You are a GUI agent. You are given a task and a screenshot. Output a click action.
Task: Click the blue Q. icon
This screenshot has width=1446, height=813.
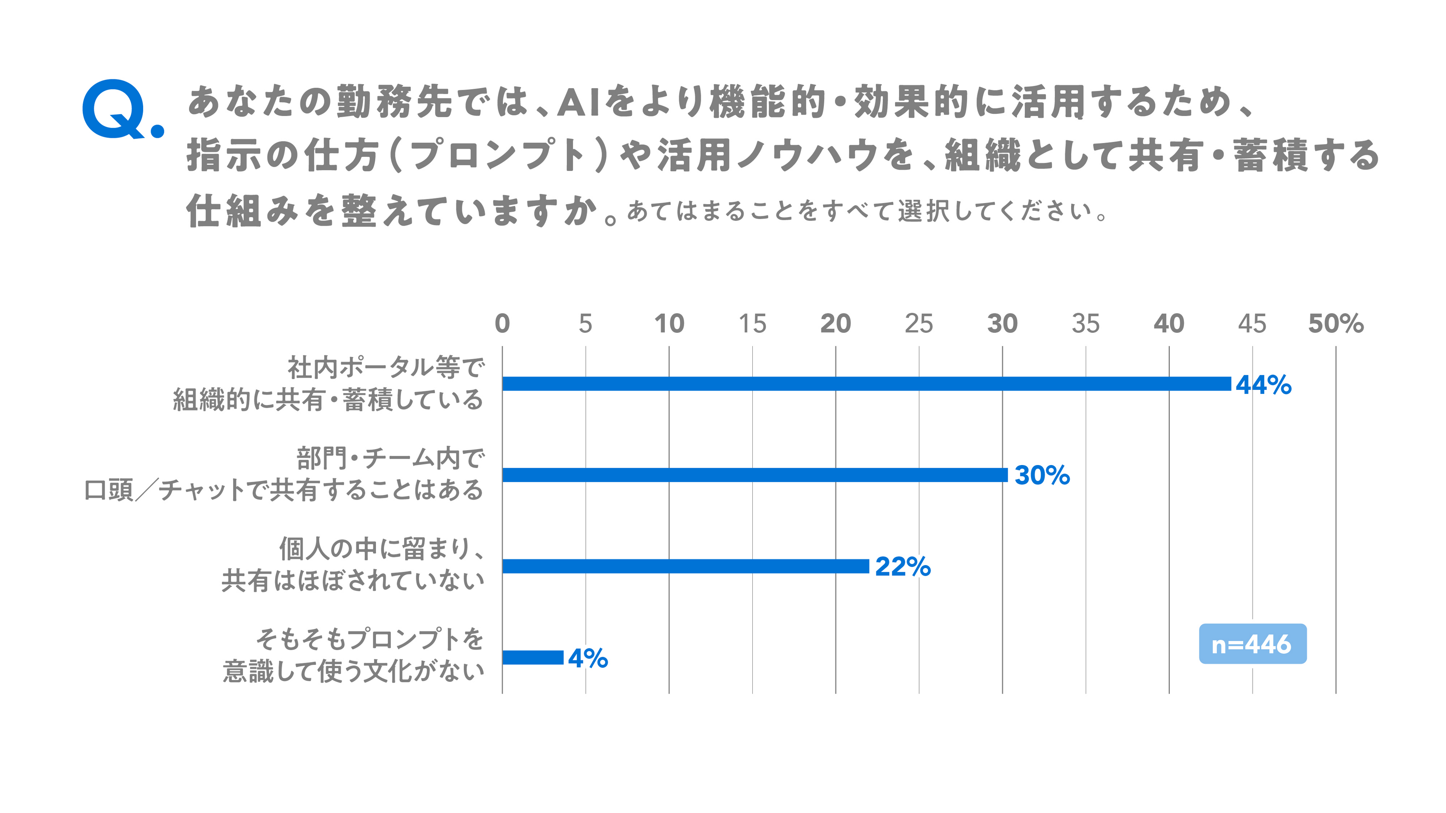click(122, 109)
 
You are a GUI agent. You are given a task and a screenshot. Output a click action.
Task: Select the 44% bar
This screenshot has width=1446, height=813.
click(867, 384)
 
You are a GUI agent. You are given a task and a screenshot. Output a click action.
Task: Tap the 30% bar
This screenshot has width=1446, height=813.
click(755, 475)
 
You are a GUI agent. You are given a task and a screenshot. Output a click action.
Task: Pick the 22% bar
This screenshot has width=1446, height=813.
click(686, 566)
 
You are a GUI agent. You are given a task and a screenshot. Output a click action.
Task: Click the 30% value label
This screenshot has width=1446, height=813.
click(1042, 475)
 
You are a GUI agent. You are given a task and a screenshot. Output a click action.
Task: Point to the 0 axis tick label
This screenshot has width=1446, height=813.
click(502, 324)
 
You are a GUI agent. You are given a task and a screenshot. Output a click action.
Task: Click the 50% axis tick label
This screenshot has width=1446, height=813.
click(1336, 324)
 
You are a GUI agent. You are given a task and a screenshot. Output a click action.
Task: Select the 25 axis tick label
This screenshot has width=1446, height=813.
click(919, 324)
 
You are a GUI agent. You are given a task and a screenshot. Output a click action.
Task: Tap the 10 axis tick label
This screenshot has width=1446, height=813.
click(669, 324)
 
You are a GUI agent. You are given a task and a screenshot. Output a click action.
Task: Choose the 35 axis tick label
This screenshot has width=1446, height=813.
click(1086, 324)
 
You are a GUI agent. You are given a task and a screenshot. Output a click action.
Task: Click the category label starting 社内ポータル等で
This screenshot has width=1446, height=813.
click(329, 384)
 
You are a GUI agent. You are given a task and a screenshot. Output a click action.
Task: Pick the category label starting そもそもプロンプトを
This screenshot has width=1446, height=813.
click(353, 656)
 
